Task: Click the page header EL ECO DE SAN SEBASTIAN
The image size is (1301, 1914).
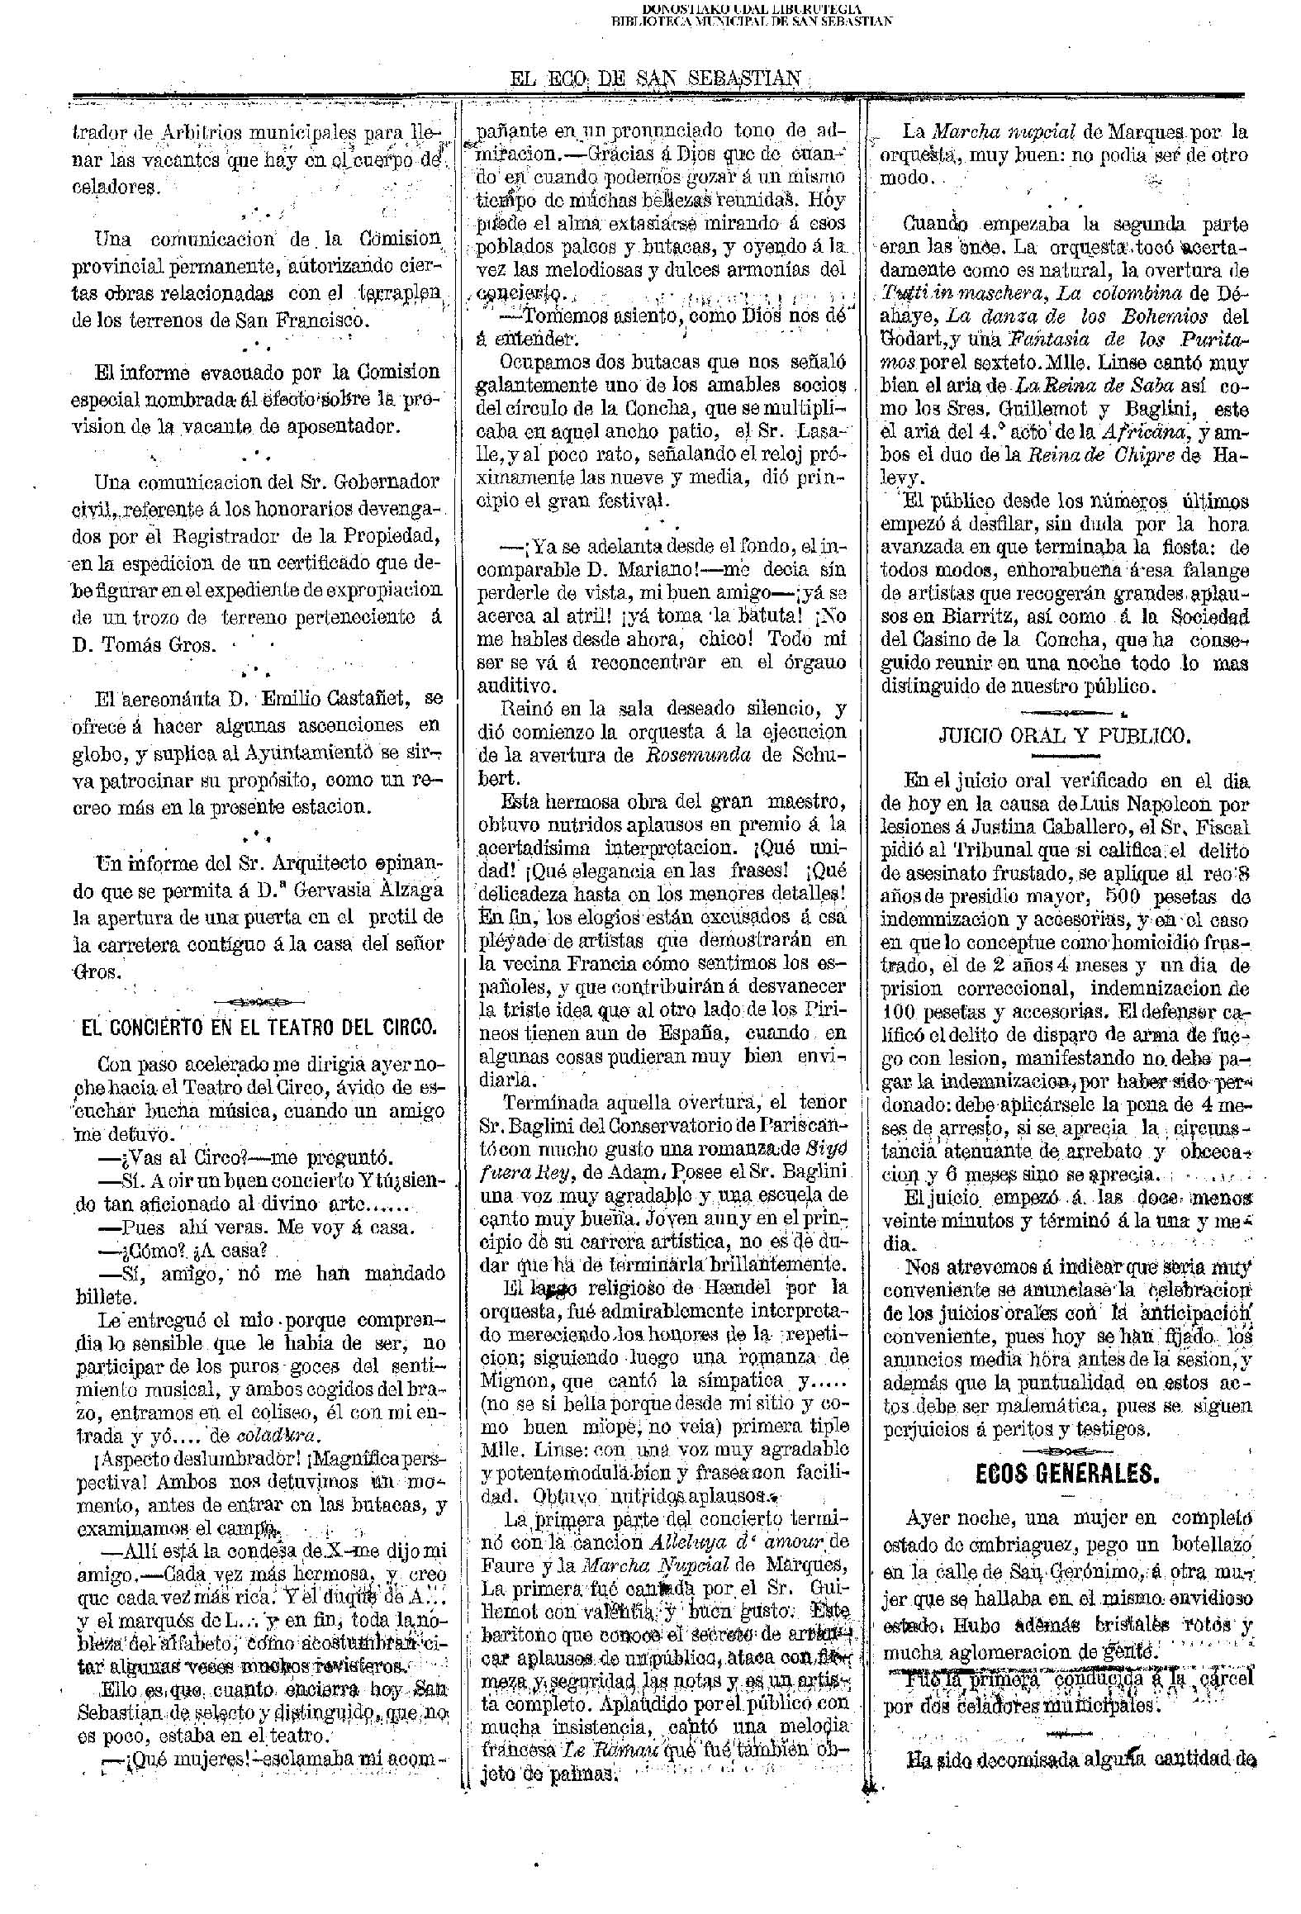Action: [x=657, y=79]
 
